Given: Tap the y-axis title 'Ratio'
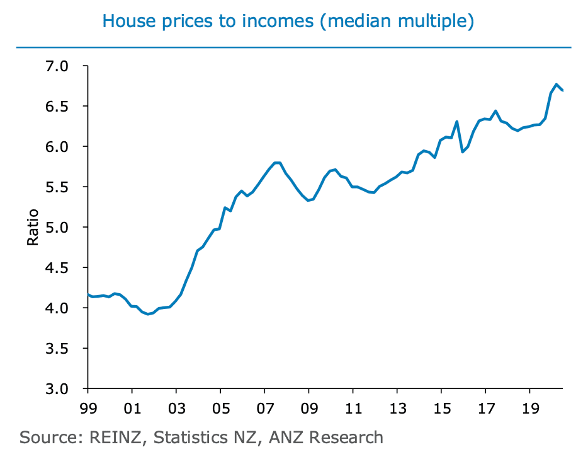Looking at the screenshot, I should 33,227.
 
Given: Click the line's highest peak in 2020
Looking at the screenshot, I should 557,84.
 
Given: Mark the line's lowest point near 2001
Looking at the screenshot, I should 148,314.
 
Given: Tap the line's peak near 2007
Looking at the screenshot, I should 276,163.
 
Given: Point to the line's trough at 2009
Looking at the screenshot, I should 307,200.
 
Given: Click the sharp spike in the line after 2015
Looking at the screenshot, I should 457,122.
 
